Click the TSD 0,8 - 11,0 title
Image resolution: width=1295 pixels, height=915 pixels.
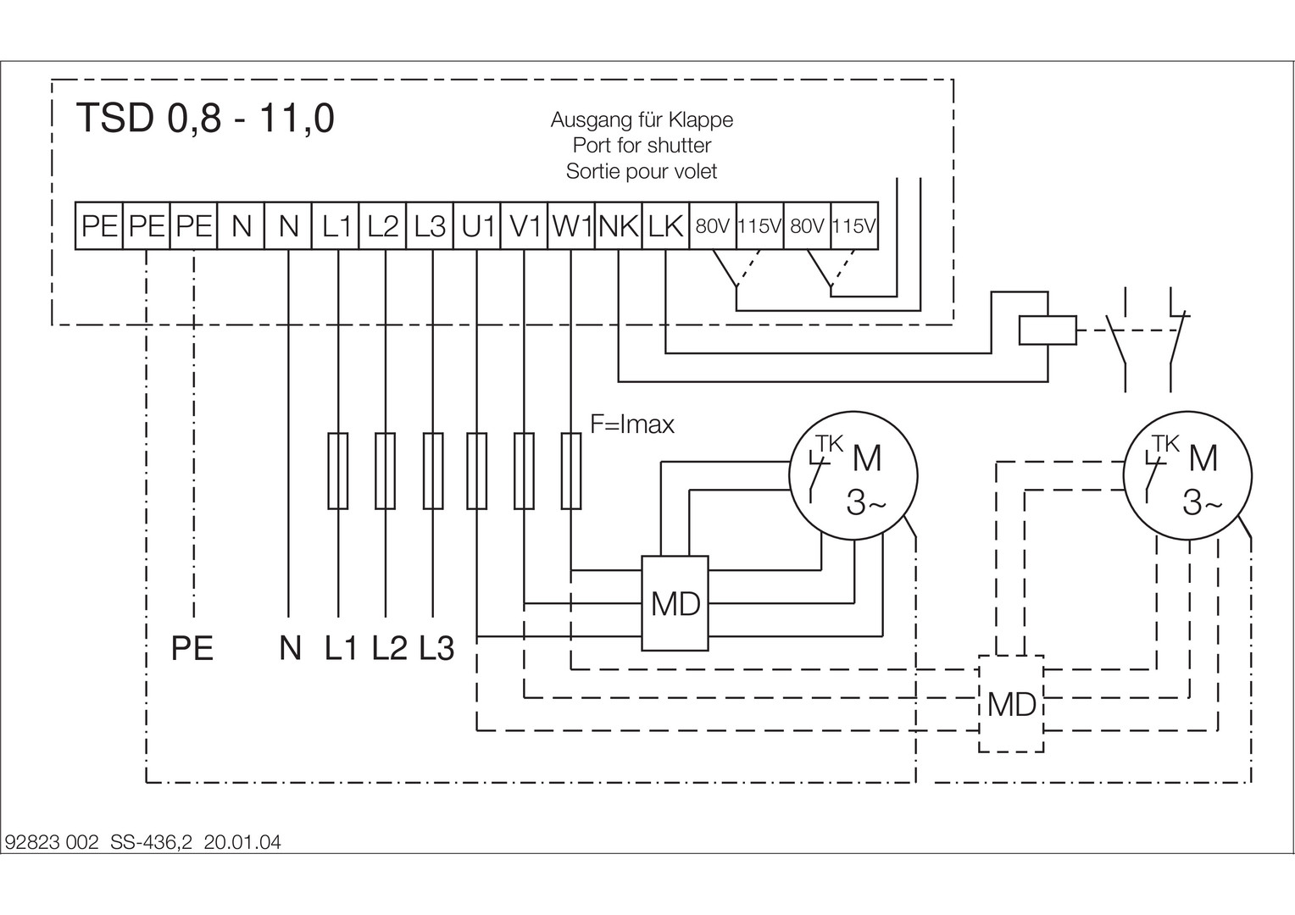[205, 119]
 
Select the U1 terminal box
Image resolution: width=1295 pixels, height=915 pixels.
[477, 226]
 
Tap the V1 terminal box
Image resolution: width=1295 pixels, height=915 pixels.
[525, 226]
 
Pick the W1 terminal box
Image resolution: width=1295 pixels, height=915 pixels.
[572, 226]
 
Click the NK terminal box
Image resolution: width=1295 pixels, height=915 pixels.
[620, 226]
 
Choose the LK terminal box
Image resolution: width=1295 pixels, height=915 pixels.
[666, 226]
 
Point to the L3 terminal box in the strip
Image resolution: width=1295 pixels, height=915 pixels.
[431, 226]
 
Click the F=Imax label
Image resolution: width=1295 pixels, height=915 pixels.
[632, 424]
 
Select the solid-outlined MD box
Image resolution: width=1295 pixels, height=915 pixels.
[675, 603]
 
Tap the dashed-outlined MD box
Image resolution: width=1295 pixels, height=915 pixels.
[1011, 703]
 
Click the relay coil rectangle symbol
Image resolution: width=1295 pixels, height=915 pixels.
[1048, 330]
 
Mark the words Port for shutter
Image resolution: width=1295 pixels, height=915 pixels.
[642, 146]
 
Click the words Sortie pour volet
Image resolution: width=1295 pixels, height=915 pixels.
[642, 171]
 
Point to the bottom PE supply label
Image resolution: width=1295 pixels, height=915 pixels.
[192, 649]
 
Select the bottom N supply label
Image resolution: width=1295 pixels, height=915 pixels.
[290, 649]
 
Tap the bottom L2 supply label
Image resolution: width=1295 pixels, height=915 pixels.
[389, 649]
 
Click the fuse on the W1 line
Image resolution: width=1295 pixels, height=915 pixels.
[572, 470]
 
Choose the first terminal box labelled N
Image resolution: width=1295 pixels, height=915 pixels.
[242, 226]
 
